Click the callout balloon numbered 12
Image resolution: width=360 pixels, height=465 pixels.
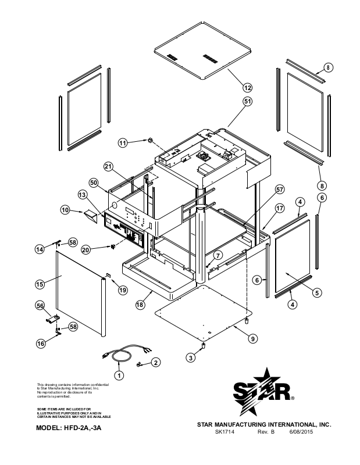(247, 88)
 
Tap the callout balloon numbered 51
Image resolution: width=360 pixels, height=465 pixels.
(247, 101)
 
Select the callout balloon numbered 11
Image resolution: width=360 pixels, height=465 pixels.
(123, 142)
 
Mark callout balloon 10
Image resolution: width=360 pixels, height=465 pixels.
(65, 209)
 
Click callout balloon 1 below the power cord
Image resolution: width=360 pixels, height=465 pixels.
(119, 375)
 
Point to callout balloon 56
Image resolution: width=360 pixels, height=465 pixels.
(40, 305)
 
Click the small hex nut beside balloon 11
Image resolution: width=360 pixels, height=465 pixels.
(148, 140)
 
